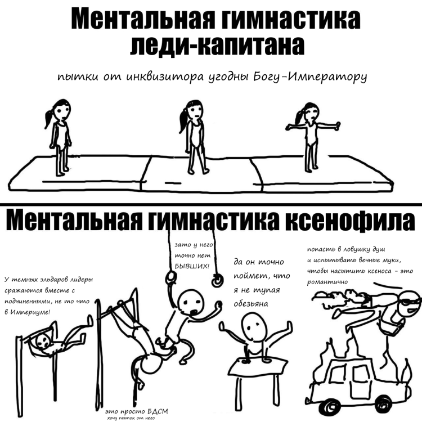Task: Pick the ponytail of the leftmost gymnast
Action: (50, 119)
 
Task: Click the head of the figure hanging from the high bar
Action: (41, 341)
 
